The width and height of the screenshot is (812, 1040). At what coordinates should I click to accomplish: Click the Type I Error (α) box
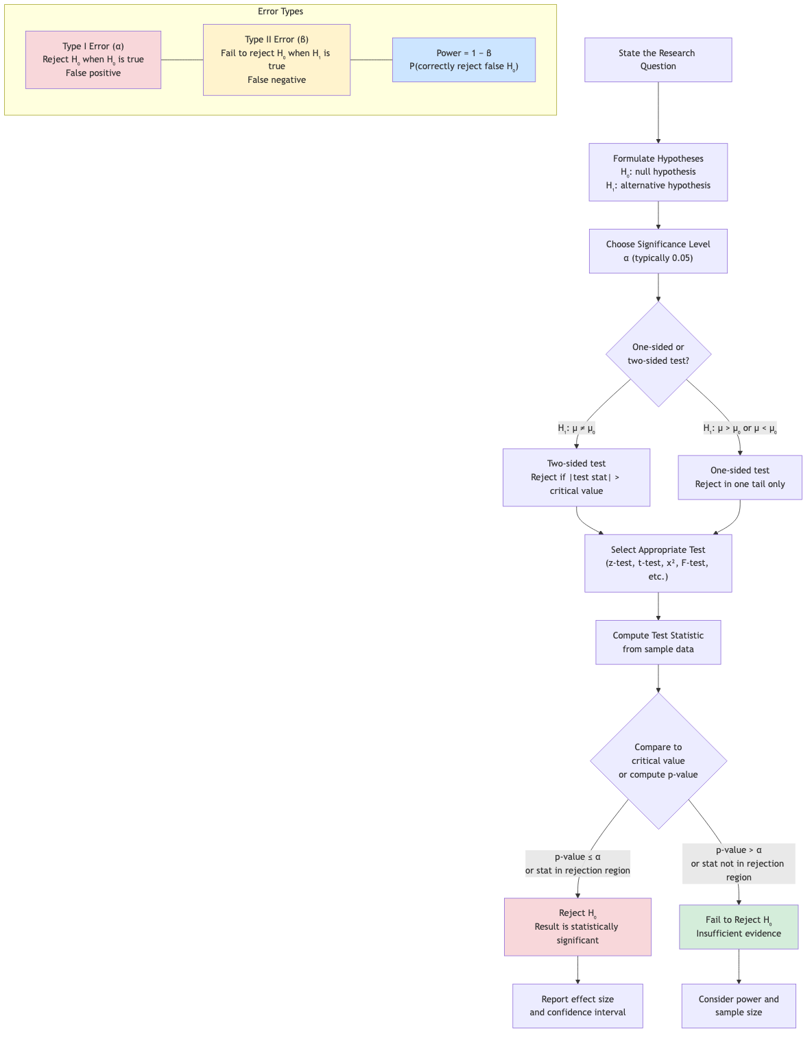[93, 60]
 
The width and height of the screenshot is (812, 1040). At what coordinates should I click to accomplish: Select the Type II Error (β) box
[276, 60]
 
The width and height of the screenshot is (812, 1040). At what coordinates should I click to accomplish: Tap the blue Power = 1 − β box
[464, 60]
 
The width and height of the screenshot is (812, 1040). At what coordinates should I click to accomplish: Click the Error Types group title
[280, 12]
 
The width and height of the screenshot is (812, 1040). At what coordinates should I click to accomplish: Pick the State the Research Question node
[658, 60]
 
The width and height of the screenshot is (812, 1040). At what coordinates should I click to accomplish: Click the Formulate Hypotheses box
[658, 172]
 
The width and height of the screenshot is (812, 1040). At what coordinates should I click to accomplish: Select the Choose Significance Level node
[658, 251]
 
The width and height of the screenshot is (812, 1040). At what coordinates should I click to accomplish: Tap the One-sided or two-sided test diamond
[658, 354]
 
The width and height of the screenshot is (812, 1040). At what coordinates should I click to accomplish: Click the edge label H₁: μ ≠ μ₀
[577, 429]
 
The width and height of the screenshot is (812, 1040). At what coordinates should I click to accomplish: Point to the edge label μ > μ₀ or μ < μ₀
[740, 429]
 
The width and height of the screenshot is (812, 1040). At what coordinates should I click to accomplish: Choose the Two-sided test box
[576, 478]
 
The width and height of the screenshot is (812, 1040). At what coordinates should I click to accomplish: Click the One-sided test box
[739, 478]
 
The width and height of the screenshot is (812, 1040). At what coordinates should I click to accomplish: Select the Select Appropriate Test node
[658, 563]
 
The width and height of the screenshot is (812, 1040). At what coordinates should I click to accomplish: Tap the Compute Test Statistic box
[658, 643]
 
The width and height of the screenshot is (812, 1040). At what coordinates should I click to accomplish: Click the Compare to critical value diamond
[658, 760]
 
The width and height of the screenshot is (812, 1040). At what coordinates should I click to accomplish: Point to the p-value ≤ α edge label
[577, 864]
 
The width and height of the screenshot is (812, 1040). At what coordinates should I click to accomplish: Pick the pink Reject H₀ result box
[577, 927]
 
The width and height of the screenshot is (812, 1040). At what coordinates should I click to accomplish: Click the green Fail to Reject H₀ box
[739, 927]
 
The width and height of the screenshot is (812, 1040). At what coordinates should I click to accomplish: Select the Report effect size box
[577, 1006]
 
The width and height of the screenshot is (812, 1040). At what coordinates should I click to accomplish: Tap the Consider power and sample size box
[739, 1006]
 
